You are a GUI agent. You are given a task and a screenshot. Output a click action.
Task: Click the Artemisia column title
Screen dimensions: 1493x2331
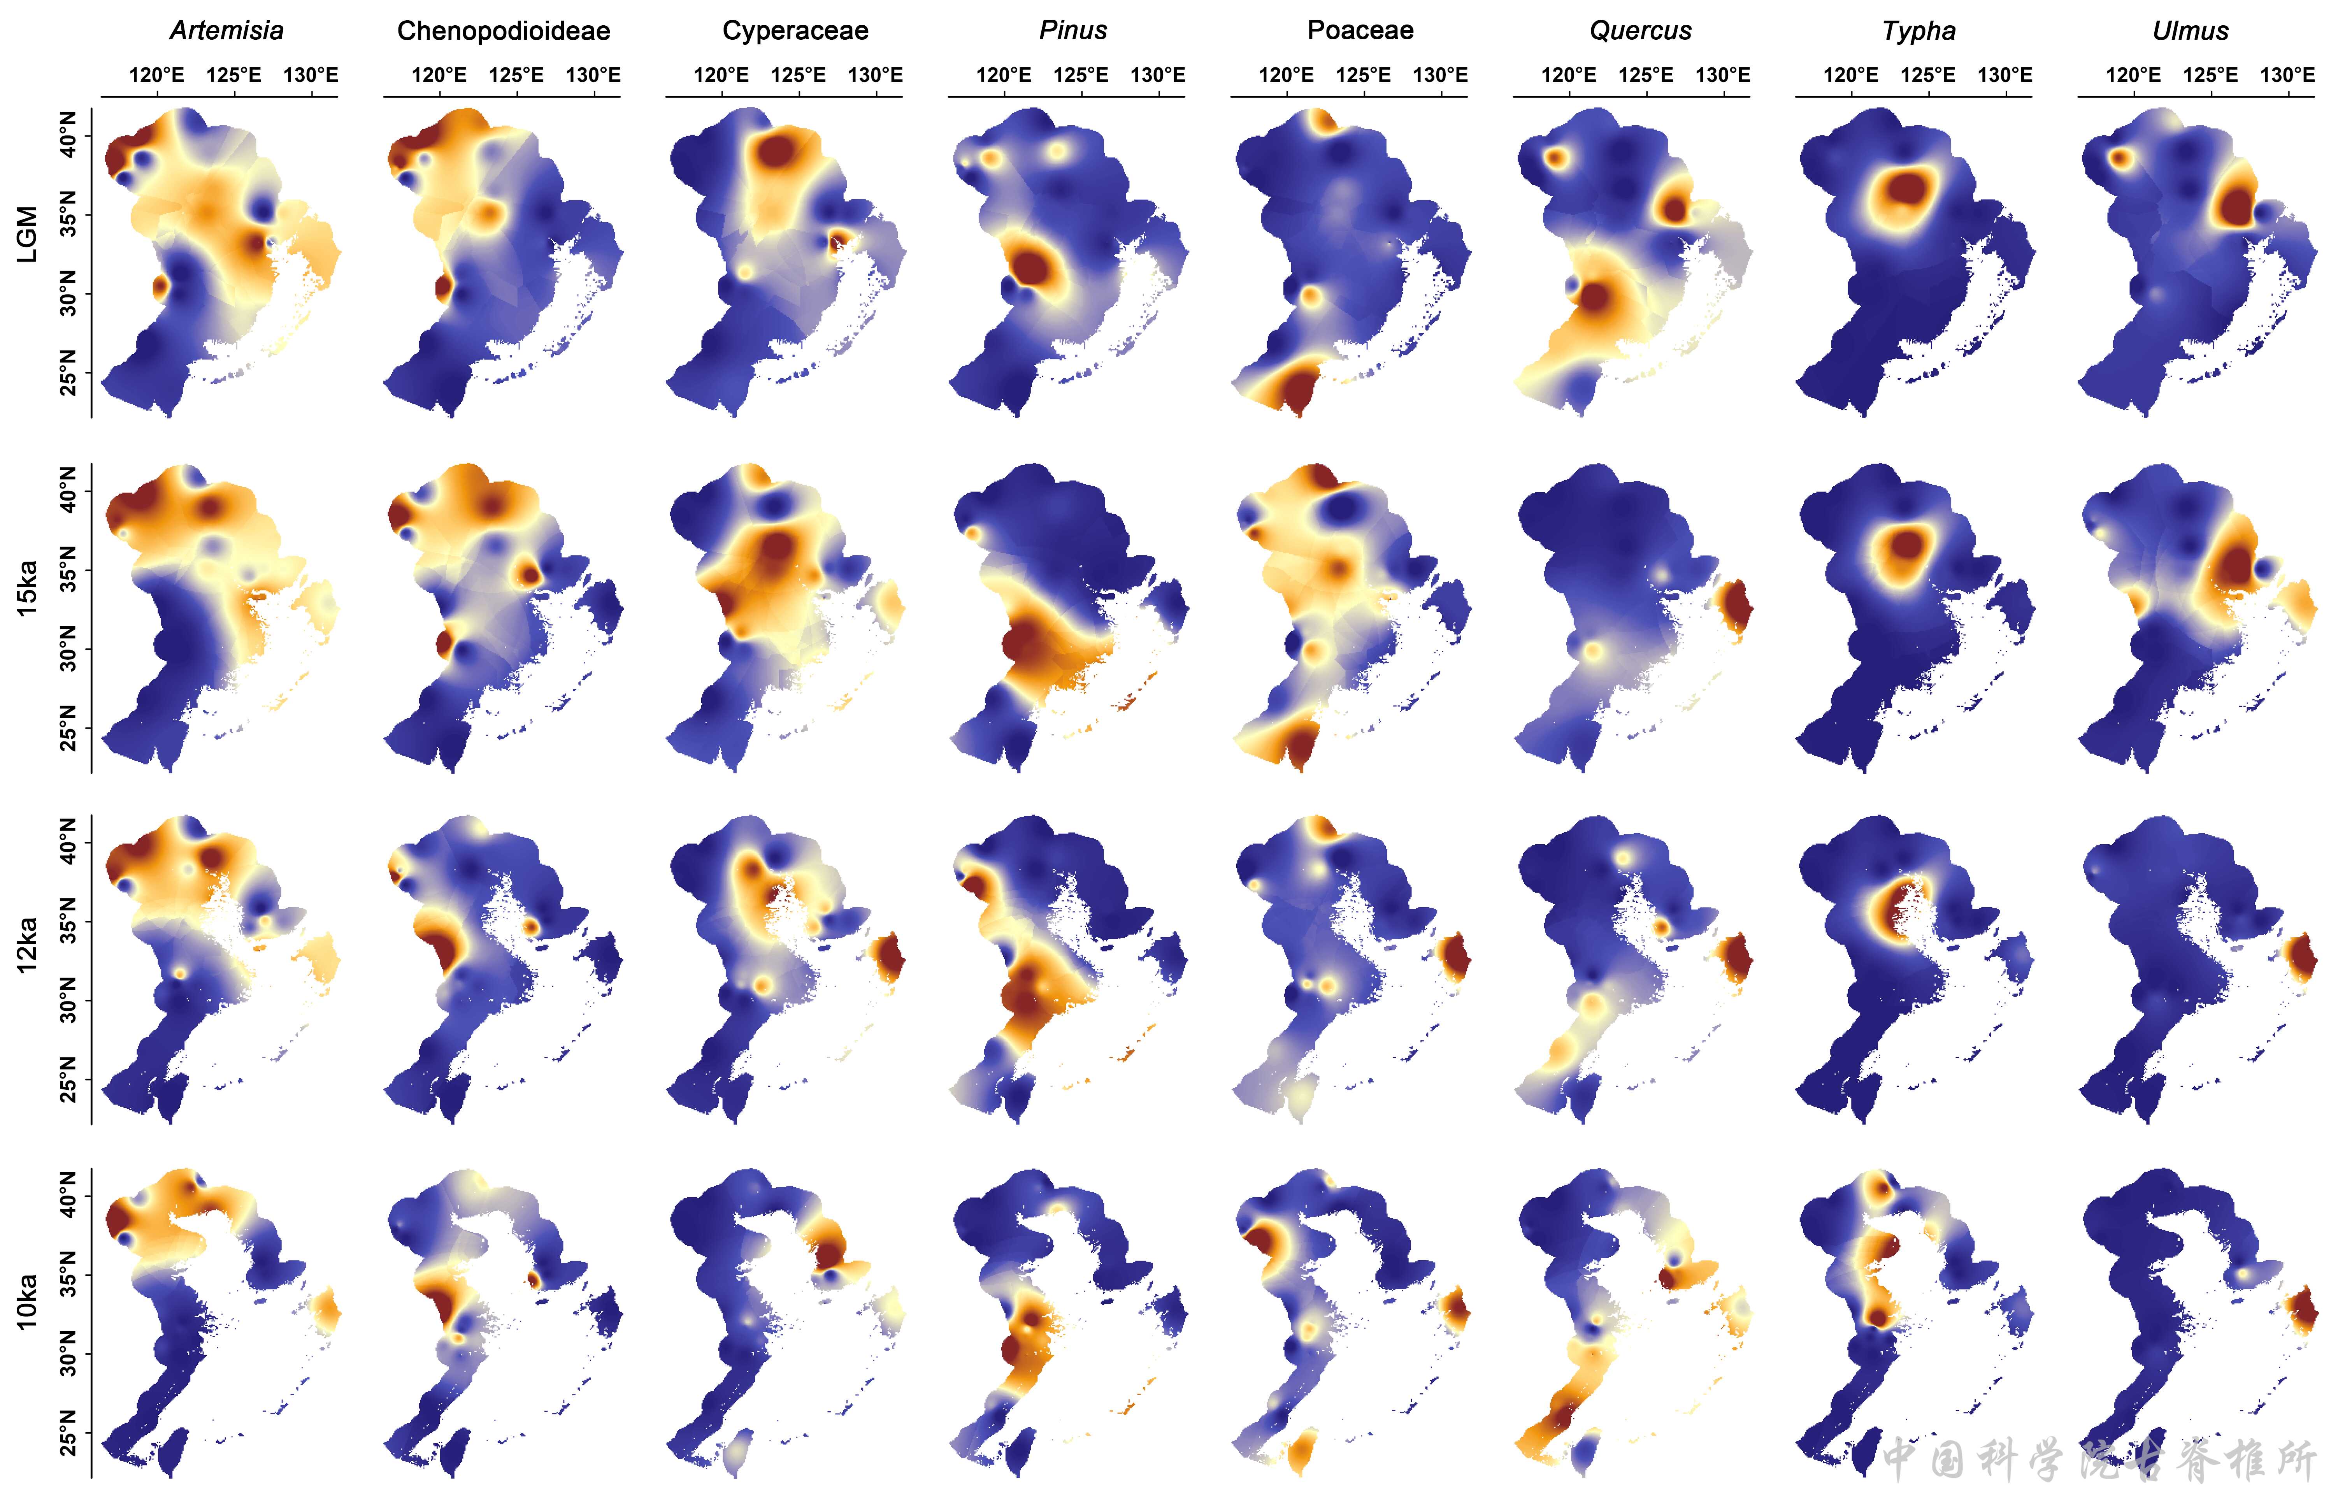[x=227, y=31]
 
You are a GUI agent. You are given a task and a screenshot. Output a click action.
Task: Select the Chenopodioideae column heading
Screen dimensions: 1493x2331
[x=503, y=31]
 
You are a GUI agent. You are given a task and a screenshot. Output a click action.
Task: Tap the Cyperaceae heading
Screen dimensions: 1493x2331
[x=795, y=31]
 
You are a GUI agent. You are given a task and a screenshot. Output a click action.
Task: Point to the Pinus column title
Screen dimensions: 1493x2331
[x=1073, y=31]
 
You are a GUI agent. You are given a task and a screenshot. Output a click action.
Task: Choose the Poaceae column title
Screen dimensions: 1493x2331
[x=1360, y=31]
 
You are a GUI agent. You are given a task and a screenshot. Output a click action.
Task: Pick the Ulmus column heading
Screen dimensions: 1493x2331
[x=2191, y=31]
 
